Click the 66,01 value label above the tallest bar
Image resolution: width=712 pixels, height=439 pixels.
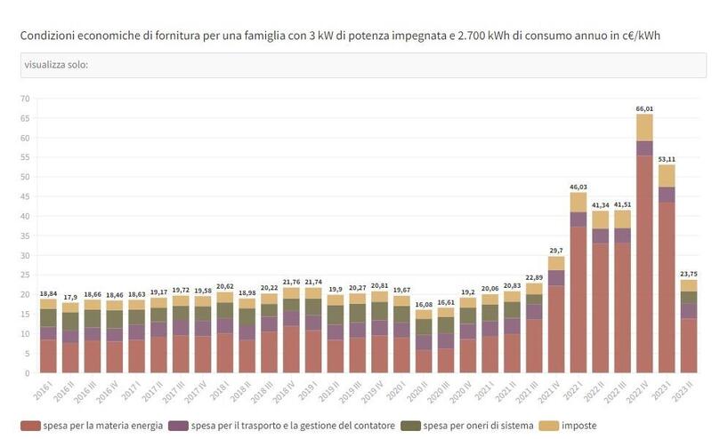[643, 108]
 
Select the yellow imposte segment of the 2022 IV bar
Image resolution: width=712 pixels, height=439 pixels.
[643, 127]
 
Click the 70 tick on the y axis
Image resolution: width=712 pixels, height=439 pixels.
[25, 99]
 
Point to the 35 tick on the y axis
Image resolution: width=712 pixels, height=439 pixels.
[25, 235]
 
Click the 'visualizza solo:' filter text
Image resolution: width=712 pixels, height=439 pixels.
[55, 65]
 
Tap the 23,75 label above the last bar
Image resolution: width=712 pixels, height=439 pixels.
[687, 274]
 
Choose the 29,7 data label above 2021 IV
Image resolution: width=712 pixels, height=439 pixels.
[555, 251]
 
